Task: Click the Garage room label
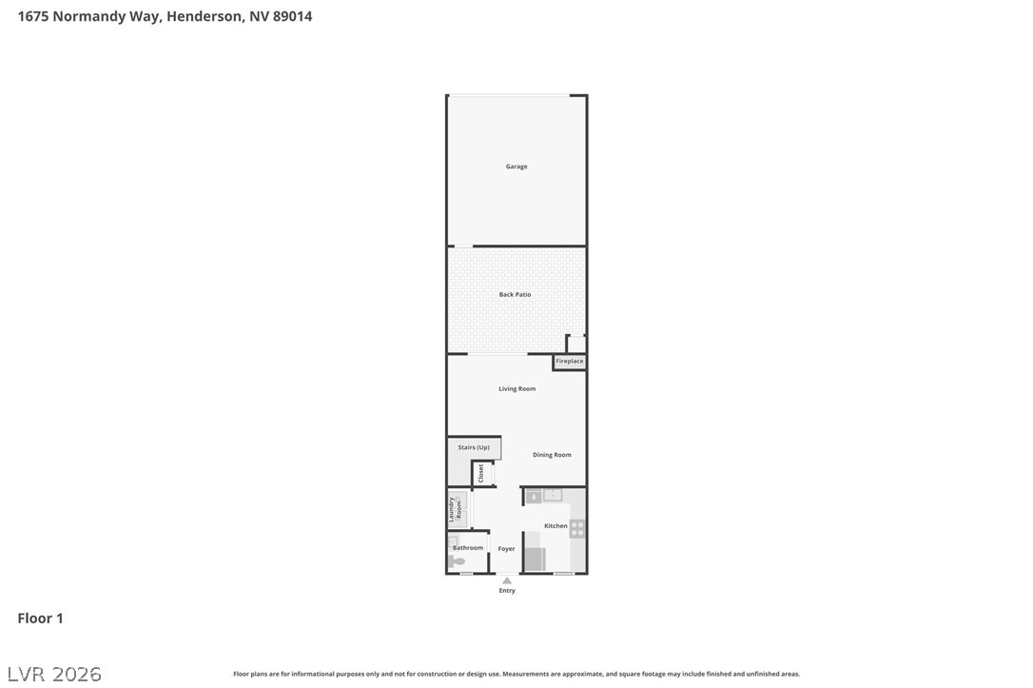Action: (516, 167)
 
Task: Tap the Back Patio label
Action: (515, 295)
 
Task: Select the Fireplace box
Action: (569, 362)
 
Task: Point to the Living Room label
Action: (516, 389)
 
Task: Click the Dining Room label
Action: (552, 455)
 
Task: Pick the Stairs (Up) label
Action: (473, 447)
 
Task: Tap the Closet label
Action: (481, 473)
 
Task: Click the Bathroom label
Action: (468, 548)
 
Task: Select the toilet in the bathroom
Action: (458, 561)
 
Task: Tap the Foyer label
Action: (506, 549)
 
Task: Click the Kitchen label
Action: (555, 526)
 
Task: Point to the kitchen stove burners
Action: (577, 528)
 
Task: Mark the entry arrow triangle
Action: (507, 580)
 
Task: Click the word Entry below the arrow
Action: (507, 591)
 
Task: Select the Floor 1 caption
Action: (40, 619)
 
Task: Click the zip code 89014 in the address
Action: (292, 16)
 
